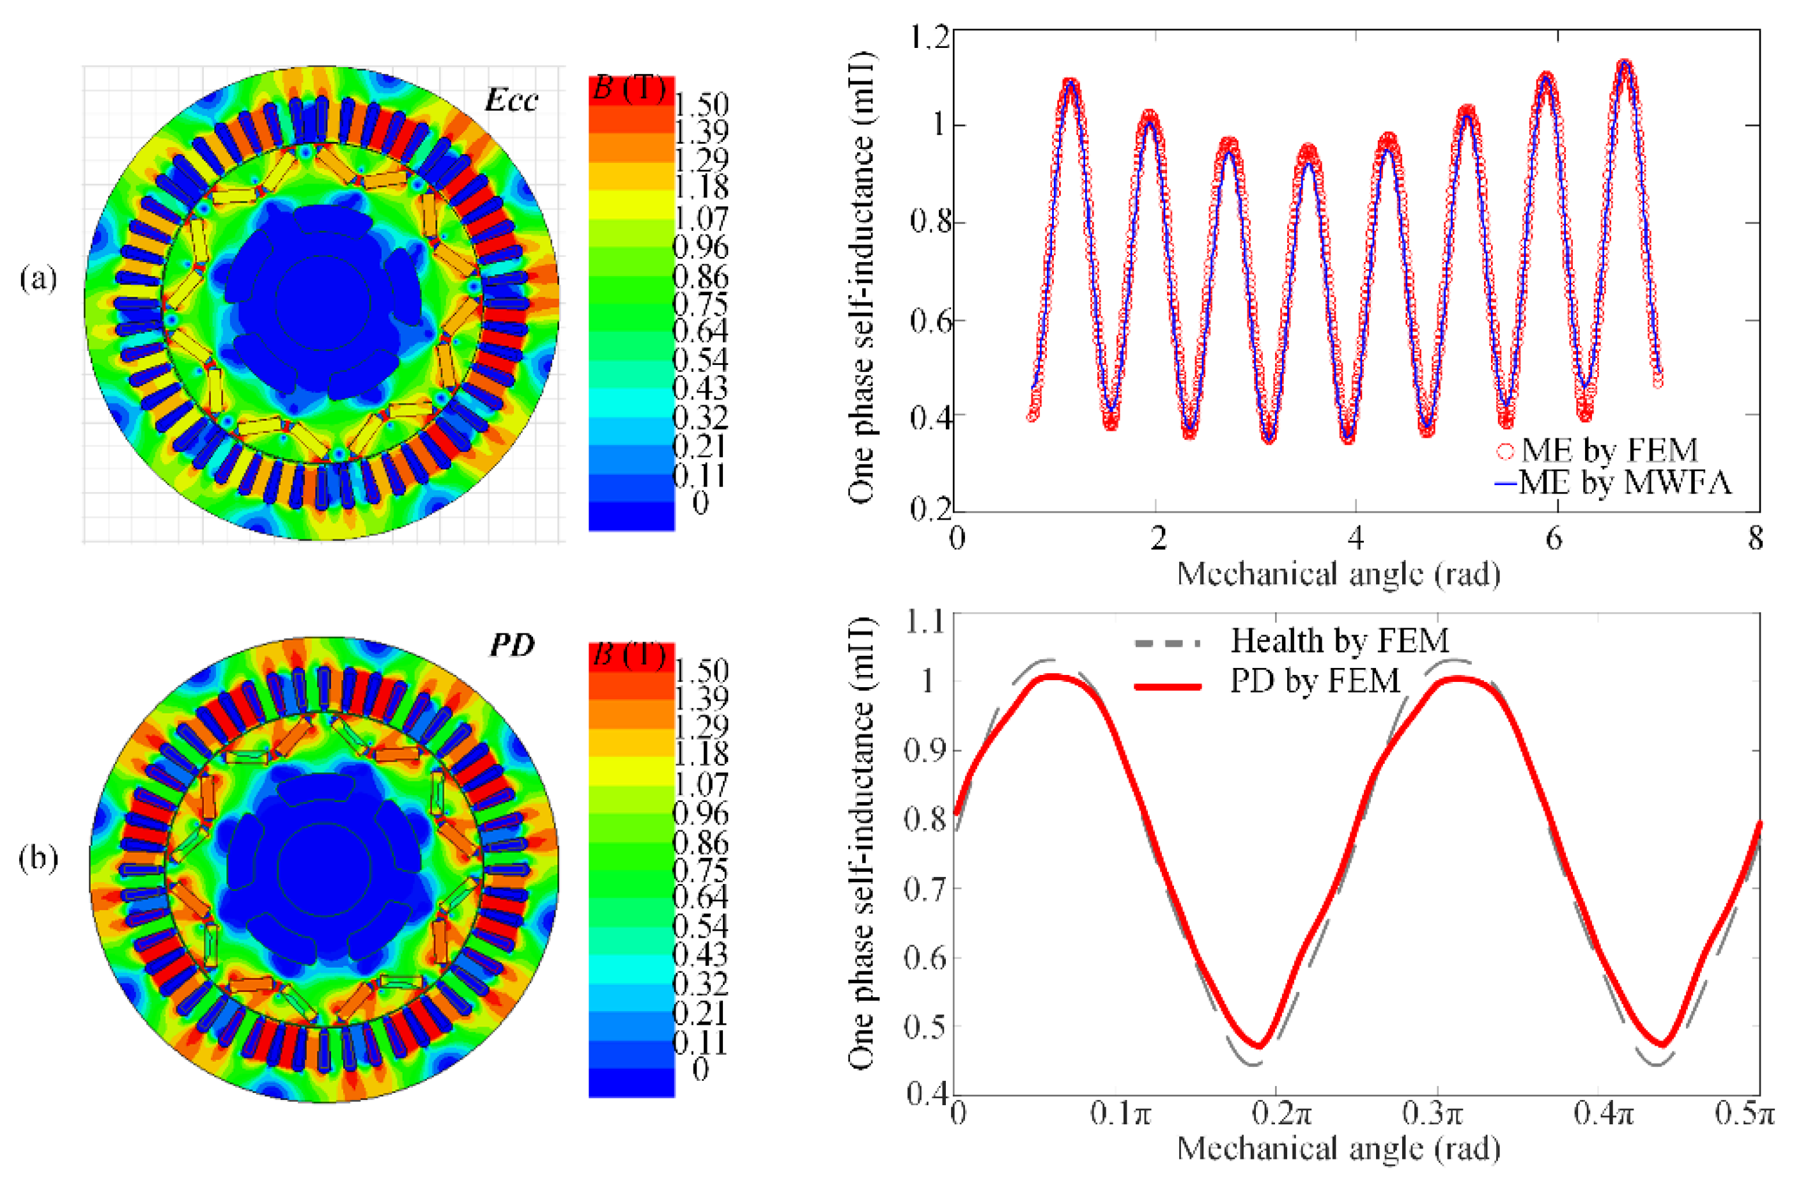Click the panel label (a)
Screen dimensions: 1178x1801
click(x=38, y=279)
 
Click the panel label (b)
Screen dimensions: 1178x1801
click(x=38, y=858)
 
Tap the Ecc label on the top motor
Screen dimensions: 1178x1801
click(x=511, y=100)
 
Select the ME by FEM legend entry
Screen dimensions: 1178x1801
click(x=1609, y=451)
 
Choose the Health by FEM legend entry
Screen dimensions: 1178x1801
click(x=1340, y=641)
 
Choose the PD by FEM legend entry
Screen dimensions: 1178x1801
click(x=1315, y=681)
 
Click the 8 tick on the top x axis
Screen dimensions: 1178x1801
click(x=1755, y=539)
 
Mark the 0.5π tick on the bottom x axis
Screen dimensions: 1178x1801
click(x=1749, y=1115)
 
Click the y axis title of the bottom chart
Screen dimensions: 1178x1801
click(x=861, y=844)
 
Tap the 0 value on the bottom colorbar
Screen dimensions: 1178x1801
click(x=700, y=1069)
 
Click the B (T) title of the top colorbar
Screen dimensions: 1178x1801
click(x=629, y=88)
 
